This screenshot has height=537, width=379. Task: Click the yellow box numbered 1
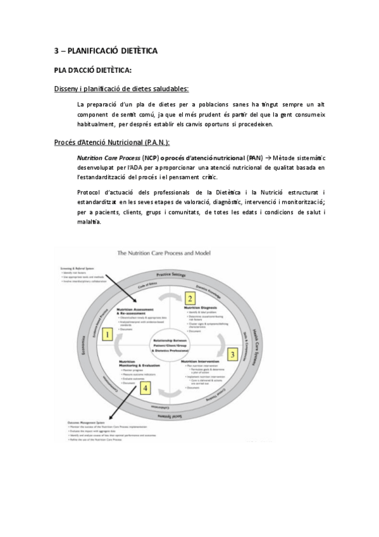coord(108,334)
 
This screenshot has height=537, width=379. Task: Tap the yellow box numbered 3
coord(232,354)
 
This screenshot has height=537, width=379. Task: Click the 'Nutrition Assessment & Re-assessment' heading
coord(135,310)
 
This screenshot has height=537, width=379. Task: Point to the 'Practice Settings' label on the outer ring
coord(170,275)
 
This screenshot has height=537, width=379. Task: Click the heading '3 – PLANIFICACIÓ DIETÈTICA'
coord(105,50)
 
